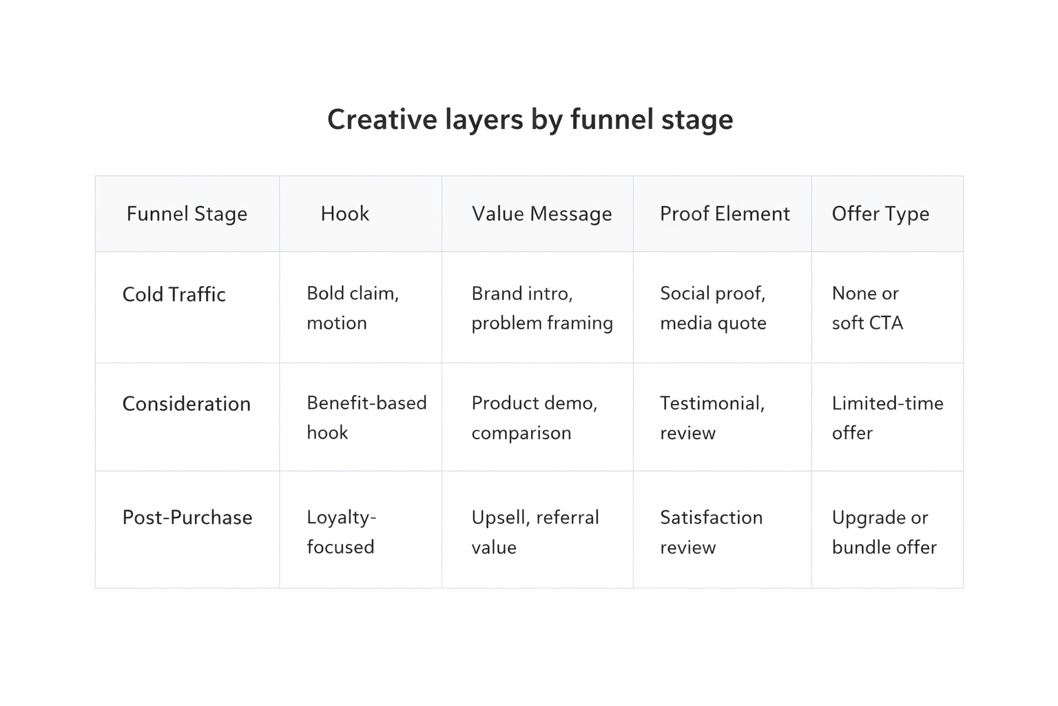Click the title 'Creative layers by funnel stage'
click(530, 119)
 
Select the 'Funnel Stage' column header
click(187, 214)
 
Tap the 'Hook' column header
click(344, 214)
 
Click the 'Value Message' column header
click(541, 214)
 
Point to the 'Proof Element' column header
click(725, 214)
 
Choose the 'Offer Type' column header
click(880, 214)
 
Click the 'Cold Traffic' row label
click(174, 294)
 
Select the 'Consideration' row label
click(186, 404)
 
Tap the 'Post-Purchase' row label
click(187, 518)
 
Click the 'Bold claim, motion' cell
click(353, 307)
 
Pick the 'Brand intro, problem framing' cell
click(542, 307)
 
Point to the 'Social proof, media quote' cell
click(713, 307)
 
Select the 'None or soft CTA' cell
click(867, 307)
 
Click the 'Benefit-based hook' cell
click(366, 417)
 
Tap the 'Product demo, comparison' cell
click(535, 417)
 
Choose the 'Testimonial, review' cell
click(712, 417)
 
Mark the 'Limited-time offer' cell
click(887, 417)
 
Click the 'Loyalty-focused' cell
click(342, 532)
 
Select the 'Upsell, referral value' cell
click(535, 532)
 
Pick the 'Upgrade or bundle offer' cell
click(884, 532)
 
